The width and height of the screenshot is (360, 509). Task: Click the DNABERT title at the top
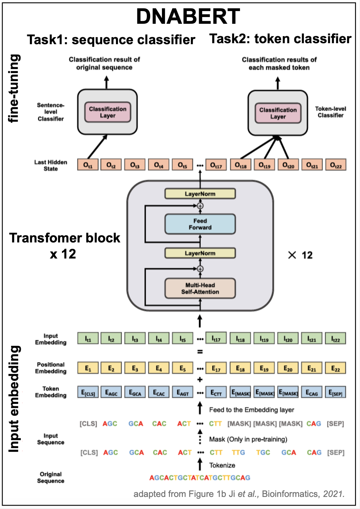pyautogui.click(x=188, y=16)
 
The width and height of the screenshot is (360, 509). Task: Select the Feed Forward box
pyautogui.click(x=200, y=224)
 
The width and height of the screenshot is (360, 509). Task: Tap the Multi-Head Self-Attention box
pyautogui.click(x=200, y=288)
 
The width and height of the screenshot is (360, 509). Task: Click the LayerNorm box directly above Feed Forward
pyautogui.click(x=200, y=194)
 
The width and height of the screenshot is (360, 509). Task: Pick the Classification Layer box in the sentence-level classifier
pyautogui.click(x=108, y=112)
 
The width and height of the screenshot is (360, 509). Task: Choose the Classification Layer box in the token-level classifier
pyautogui.click(x=278, y=113)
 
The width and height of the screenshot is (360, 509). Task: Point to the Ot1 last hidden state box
pyautogui.click(x=88, y=165)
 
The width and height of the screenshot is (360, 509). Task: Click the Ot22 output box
pyautogui.click(x=336, y=165)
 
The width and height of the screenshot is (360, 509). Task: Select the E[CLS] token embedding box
pyautogui.click(x=88, y=392)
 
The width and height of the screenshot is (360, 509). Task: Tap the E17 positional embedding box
pyautogui.click(x=216, y=368)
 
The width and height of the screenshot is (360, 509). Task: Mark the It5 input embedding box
pyautogui.click(x=182, y=339)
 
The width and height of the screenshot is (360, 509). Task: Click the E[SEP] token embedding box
pyautogui.click(x=335, y=392)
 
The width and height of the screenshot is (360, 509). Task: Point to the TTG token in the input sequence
pyautogui.click(x=238, y=452)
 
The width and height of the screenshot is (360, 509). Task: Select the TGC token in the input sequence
pyautogui.click(x=263, y=452)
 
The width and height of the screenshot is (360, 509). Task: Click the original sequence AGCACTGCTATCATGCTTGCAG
pyautogui.click(x=200, y=478)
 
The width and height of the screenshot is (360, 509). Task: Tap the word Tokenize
pyautogui.click(x=222, y=465)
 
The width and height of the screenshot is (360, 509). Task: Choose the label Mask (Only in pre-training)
pyautogui.click(x=248, y=439)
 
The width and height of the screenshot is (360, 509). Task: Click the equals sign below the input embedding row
pyautogui.click(x=200, y=352)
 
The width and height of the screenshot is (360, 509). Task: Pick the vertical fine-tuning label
pyautogui.click(x=14, y=89)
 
